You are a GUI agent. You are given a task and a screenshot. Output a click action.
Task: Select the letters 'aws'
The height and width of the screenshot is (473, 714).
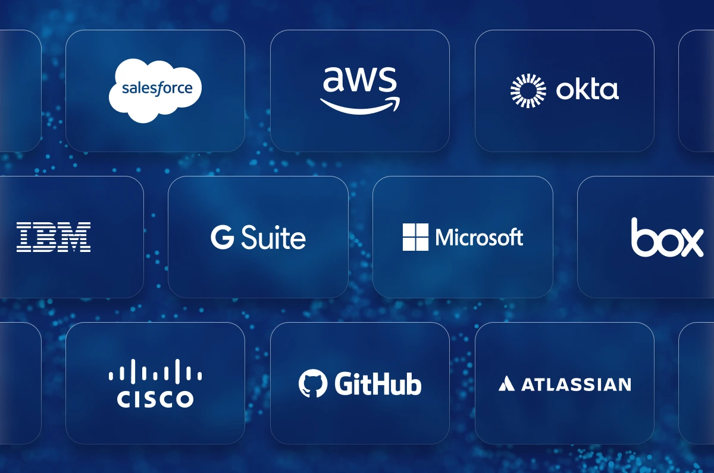click(359, 78)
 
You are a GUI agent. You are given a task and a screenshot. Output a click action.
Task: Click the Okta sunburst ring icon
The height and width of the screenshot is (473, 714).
click(528, 90)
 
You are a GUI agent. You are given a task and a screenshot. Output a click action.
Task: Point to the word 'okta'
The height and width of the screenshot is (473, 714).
click(587, 90)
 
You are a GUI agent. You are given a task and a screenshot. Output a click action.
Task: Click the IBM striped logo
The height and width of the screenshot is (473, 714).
click(54, 236)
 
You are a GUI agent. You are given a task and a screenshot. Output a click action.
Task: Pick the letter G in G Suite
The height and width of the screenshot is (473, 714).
click(220, 237)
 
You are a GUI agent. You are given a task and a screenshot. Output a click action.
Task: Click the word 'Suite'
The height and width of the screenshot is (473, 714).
click(273, 237)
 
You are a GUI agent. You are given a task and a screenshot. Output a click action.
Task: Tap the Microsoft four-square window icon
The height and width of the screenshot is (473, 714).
click(415, 237)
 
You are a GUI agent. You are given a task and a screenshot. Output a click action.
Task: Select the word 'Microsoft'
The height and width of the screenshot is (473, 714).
click(479, 238)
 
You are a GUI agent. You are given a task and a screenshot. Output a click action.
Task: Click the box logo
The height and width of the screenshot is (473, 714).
click(666, 238)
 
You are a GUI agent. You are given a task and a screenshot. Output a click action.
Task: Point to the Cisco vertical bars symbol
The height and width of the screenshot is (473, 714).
click(155, 373)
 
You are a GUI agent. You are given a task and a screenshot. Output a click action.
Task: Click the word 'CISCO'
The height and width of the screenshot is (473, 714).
click(155, 399)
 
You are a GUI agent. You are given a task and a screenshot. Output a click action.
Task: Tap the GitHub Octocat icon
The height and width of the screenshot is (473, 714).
click(313, 383)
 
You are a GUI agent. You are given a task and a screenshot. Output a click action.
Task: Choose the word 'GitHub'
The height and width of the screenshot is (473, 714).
click(378, 384)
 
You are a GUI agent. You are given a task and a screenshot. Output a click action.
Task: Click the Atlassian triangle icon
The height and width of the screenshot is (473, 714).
click(506, 383)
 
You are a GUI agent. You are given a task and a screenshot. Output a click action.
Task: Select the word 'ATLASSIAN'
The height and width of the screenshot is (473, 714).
click(576, 384)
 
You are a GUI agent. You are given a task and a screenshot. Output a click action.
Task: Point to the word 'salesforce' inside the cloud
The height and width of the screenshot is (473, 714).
click(157, 89)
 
